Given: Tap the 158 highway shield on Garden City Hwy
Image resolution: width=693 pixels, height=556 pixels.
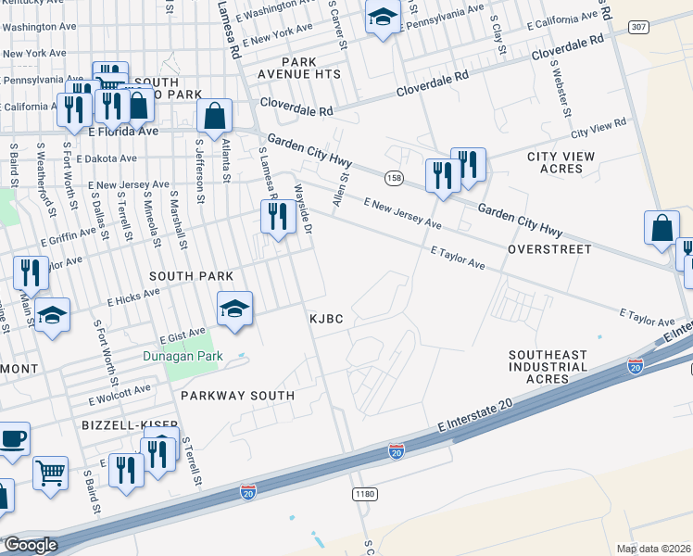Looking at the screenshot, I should pyautogui.click(x=394, y=177).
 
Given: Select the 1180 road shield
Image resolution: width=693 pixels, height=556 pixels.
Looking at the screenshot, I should pyautogui.click(x=365, y=495).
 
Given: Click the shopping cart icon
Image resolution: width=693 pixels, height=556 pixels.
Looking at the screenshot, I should pyautogui.click(x=51, y=473).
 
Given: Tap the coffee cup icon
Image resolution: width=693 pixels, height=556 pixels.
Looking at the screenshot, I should pyautogui.click(x=12, y=439).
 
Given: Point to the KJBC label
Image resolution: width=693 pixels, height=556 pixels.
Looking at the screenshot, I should pyautogui.click(x=326, y=319).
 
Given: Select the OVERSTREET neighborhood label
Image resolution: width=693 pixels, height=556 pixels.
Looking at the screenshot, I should pyautogui.click(x=549, y=250).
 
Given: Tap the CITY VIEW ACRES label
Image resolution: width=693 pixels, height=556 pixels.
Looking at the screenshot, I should pyautogui.click(x=561, y=162).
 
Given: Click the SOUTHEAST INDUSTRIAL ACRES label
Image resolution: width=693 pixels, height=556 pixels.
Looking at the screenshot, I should pyautogui.click(x=548, y=367).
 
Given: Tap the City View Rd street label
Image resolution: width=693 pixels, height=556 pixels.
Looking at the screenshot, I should pyautogui.click(x=599, y=126).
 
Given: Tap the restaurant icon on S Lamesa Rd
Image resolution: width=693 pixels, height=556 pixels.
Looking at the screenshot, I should pyautogui.click(x=275, y=218).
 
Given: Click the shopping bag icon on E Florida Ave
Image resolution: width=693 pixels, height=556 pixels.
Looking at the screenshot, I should pyautogui.click(x=214, y=118).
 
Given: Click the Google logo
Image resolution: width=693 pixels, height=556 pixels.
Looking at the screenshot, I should pyautogui.click(x=31, y=545).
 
